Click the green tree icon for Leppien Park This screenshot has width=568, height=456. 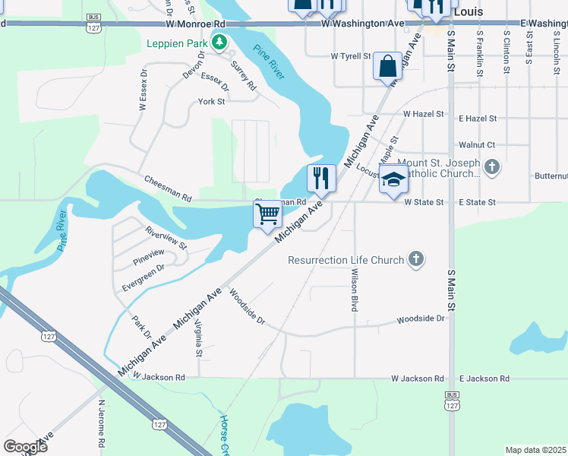219,42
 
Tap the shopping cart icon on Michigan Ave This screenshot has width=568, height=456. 267,214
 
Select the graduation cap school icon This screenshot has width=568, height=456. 393,179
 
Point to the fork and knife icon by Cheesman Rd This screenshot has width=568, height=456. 321,178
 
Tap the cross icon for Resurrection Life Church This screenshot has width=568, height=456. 415,260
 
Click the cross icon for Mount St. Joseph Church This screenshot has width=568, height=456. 492,166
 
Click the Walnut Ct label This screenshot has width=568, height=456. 477,144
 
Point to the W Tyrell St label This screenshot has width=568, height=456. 350,56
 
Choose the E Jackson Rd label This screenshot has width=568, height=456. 483,378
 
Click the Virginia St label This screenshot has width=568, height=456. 199,338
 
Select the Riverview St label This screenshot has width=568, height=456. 166,236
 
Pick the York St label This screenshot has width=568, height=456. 211,101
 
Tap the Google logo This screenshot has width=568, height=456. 25,446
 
